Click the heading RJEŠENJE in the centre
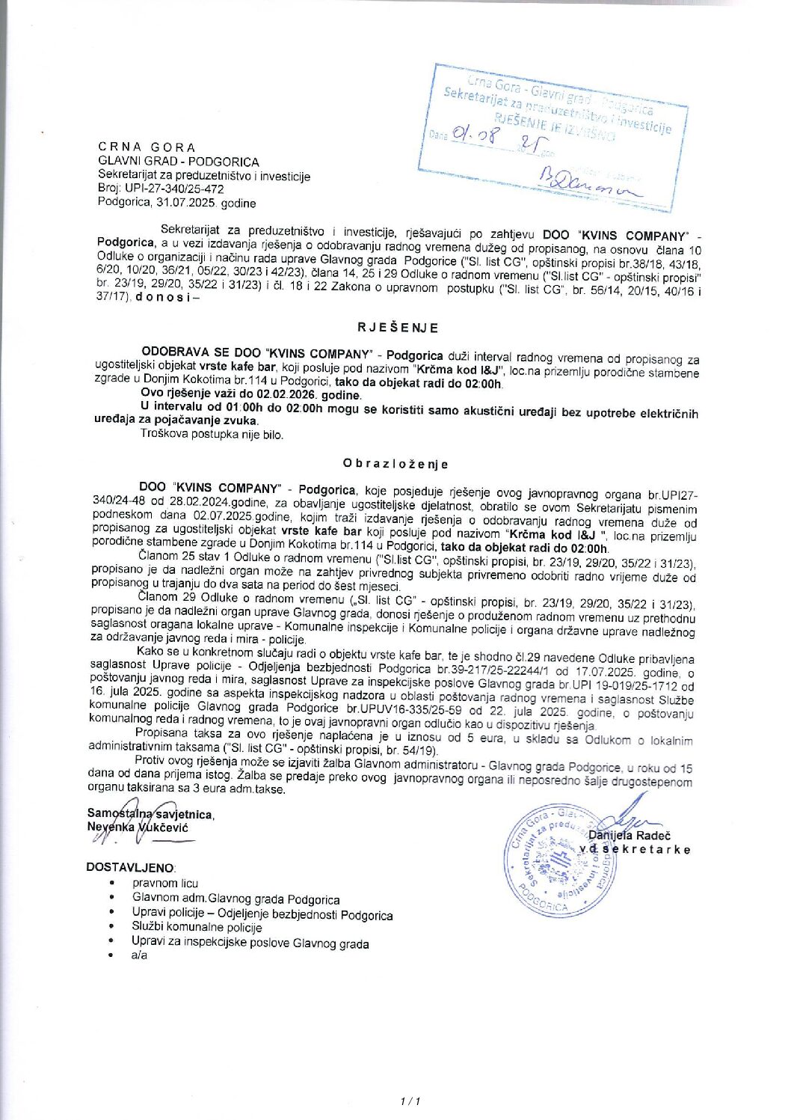[398, 328]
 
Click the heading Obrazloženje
[395, 464]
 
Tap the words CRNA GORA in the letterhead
[147, 147]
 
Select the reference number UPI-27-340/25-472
[174, 189]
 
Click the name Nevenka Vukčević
[138, 827]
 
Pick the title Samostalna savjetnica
[150, 814]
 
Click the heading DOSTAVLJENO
[131, 867]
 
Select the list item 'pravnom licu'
[165, 884]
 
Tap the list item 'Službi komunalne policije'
[197, 928]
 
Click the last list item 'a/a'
[140, 955]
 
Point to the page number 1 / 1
[411, 1101]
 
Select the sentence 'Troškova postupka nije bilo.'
[212, 434]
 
